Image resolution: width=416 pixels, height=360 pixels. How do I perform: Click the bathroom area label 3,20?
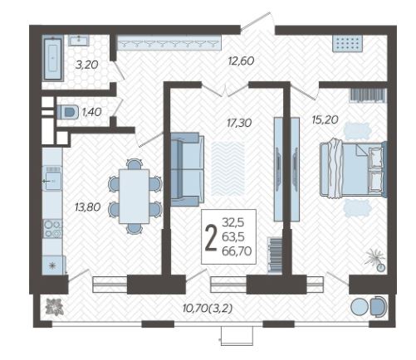pos(87,65)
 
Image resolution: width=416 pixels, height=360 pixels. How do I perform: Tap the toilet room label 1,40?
pos(92,112)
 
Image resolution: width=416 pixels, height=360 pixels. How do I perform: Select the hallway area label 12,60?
pos(241,61)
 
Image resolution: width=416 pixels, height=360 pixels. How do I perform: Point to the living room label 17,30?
pos(239,123)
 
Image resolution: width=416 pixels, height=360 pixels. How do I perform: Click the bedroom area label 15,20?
pos(325,119)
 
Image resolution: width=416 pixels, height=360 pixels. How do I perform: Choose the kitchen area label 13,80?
pos(87,207)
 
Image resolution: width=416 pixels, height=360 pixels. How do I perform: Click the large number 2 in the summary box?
pos(211,237)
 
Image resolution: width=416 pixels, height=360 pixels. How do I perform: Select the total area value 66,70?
pos(237,251)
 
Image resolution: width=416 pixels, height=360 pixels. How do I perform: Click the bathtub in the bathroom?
pos(52,59)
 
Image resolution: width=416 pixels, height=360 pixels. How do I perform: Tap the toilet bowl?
pos(67,112)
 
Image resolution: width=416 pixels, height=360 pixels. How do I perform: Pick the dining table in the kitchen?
pos(135,197)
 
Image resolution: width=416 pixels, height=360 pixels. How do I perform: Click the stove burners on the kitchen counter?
pos(52,229)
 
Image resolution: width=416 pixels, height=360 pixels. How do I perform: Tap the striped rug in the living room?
pos(228,168)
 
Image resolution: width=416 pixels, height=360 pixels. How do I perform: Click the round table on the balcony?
pos(360,307)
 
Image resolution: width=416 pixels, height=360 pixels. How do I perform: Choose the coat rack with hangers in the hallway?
pos(169,43)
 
